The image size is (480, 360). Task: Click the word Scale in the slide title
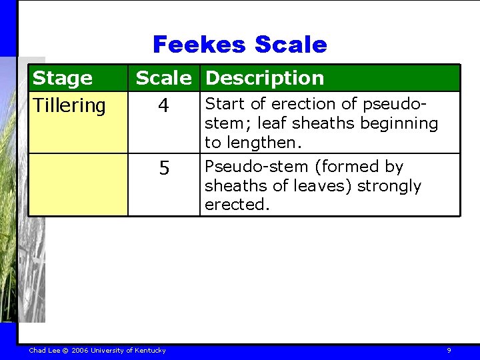(x=291, y=45)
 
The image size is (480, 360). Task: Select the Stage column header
(x=63, y=78)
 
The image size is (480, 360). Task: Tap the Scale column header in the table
(x=163, y=78)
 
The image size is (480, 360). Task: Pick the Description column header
(x=265, y=78)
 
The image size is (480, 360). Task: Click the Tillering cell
(x=69, y=105)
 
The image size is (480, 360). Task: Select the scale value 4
(x=164, y=107)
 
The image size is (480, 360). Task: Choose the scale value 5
(x=164, y=169)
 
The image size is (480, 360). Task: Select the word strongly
(x=389, y=185)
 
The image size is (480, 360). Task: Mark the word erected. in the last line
(x=237, y=205)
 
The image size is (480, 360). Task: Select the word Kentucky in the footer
(x=151, y=351)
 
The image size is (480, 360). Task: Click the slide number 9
(x=449, y=351)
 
